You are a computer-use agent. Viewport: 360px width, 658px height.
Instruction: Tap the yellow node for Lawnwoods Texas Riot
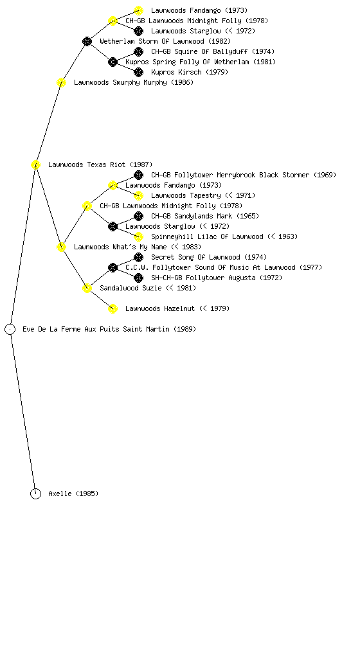[x=35, y=165]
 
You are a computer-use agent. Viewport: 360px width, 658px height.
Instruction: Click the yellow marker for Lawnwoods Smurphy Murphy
[x=61, y=83]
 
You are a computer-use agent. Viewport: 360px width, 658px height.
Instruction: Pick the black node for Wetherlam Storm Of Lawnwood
[x=87, y=42]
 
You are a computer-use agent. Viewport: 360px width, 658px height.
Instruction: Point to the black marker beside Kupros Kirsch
[x=138, y=72]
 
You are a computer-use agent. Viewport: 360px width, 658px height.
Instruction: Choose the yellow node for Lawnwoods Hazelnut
[x=113, y=309]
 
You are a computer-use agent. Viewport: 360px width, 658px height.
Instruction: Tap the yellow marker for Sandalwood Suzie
[x=87, y=289]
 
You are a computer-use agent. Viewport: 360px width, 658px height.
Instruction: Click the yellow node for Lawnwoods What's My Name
[x=61, y=247]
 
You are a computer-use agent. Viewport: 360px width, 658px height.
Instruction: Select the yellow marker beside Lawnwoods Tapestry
[x=138, y=195]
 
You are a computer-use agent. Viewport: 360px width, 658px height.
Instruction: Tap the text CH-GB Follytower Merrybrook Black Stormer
[x=230, y=175]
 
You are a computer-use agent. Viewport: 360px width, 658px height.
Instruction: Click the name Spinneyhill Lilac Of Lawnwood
[x=207, y=236]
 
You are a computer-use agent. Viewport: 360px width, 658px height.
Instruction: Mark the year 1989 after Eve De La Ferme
[x=184, y=330]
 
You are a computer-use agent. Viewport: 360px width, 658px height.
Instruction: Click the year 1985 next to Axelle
[x=87, y=494]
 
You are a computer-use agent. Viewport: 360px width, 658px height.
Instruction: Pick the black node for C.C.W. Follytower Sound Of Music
[x=113, y=268]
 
